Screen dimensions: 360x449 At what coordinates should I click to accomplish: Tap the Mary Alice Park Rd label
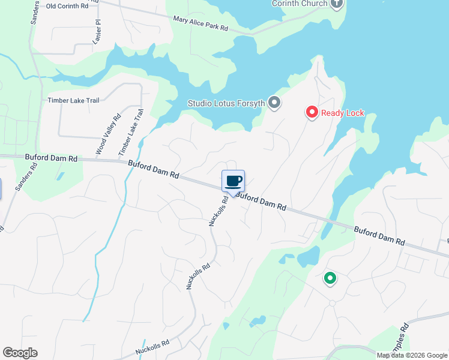pyautogui.click(x=200, y=23)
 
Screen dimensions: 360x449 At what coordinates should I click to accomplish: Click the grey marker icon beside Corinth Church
pyautogui.click(x=336, y=4)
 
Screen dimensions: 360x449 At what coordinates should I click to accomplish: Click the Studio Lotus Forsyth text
pyautogui.click(x=226, y=103)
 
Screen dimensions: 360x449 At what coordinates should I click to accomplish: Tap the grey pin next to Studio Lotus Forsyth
pyautogui.click(x=274, y=103)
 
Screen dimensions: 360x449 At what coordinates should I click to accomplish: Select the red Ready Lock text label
pyautogui.click(x=342, y=113)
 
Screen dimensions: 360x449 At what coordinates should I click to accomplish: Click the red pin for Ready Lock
pyautogui.click(x=312, y=112)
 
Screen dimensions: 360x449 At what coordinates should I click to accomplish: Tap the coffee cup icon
pyautogui.click(x=233, y=181)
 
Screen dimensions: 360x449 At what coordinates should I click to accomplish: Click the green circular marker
pyautogui.click(x=330, y=278)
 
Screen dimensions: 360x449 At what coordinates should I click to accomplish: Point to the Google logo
pyautogui.click(x=20, y=353)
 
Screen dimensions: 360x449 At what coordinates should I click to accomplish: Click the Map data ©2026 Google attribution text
pyautogui.click(x=412, y=355)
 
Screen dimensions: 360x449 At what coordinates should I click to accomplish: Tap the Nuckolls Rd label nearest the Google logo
pyautogui.click(x=152, y=345)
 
